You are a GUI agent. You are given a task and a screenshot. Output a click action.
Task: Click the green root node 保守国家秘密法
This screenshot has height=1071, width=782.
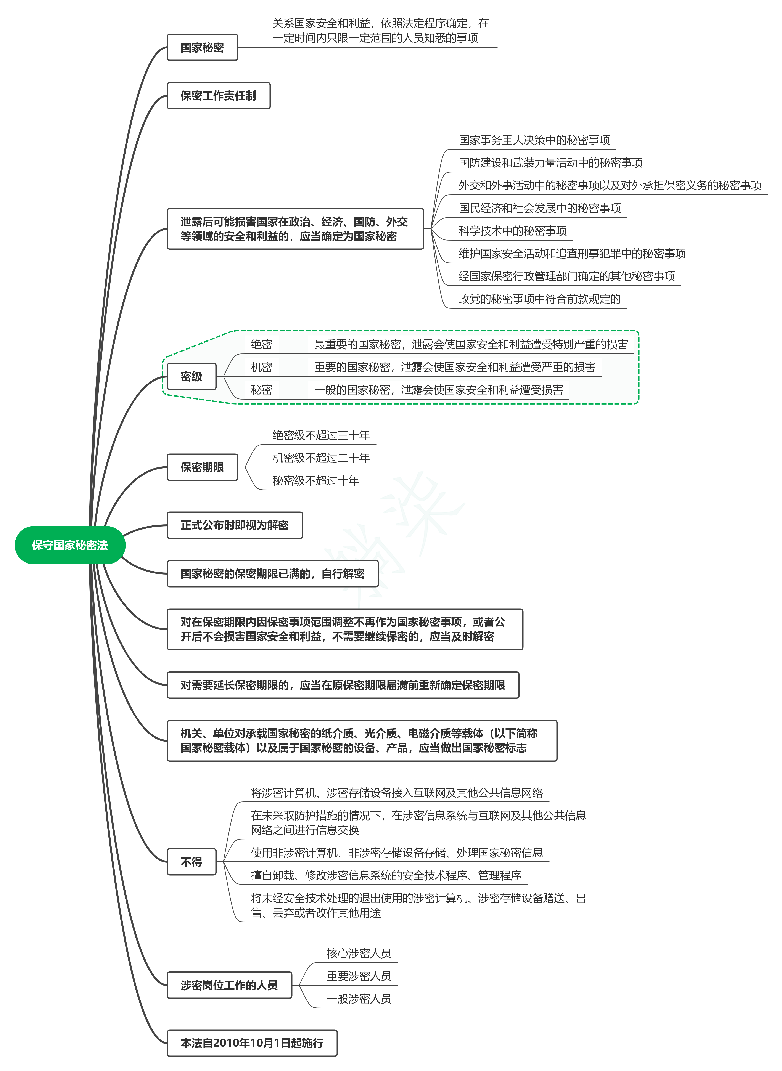[70, 545]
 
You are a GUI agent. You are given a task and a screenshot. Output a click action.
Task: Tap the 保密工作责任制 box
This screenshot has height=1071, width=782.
[219, 96]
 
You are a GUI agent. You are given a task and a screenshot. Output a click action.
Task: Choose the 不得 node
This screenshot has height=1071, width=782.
[192, 862]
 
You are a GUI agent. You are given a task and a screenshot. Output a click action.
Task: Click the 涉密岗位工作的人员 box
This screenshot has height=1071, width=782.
[230, 985]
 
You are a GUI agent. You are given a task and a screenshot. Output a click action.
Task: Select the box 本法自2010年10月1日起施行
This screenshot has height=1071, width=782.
[252, 1043]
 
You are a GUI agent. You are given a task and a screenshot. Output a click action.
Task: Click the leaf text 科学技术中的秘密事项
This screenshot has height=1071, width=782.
[513, 231]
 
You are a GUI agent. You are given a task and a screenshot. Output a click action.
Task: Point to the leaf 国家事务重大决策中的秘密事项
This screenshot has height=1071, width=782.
[534, 140]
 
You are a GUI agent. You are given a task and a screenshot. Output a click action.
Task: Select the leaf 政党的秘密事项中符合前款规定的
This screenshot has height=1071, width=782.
[540, 299]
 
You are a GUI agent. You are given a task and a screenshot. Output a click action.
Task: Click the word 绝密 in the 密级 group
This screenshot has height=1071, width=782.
[262, 345]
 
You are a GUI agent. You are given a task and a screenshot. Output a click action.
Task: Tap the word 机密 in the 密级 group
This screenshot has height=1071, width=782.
[262, 367]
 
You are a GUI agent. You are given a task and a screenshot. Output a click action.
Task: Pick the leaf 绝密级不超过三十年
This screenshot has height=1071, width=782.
[321, 435]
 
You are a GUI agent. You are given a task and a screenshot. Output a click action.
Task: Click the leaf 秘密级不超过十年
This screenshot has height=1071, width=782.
[316, 481]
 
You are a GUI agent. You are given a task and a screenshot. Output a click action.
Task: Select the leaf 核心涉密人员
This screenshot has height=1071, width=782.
[359, 953]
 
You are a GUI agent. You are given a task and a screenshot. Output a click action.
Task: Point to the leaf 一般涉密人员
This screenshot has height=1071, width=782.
[359, 999]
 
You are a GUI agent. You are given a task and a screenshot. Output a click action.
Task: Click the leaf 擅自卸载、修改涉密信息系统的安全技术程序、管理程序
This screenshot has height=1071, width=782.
[386, 875]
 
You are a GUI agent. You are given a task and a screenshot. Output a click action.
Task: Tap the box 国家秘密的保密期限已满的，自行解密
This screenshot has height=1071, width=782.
[273, 574]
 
